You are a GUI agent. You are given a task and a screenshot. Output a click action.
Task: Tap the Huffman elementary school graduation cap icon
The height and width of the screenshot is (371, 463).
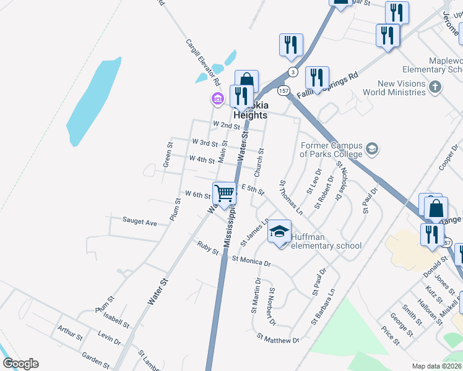tap(279, 232)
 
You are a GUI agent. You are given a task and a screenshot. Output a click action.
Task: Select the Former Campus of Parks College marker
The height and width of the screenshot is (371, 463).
tap(372, 148)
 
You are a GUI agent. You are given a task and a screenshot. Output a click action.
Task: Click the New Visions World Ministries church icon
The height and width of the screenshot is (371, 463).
tap(436, 87)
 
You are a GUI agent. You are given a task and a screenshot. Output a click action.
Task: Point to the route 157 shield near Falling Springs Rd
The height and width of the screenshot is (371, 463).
tap(283, 91)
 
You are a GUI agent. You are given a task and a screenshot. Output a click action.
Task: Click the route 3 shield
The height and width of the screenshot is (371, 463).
tap(293, 72)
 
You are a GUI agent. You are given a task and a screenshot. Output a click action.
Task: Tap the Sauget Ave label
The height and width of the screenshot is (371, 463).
tap(139, 221)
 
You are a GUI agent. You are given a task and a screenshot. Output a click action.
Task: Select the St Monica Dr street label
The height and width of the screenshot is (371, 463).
tap(251, 262)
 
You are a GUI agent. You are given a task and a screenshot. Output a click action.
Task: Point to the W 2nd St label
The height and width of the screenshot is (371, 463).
tap(226, 125)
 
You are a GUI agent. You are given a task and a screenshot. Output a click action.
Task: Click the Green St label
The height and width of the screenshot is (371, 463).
tap(167, 155)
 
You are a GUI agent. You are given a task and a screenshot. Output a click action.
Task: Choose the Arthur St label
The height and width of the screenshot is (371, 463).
tap(70, 333)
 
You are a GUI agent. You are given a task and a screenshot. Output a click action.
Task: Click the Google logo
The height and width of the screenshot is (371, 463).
tap(20, 364)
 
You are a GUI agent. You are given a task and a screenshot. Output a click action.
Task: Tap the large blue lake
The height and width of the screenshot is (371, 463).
tap(93, 102)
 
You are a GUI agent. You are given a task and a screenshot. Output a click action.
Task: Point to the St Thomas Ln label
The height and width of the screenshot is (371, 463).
tap(290, 197)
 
